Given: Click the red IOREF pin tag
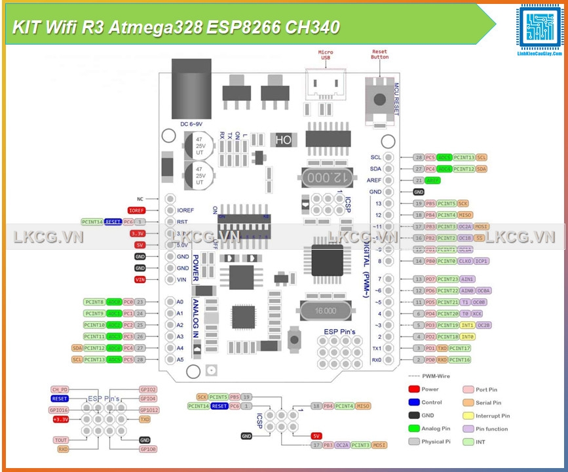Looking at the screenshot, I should point(136,210).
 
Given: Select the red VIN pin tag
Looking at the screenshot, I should point(140,279).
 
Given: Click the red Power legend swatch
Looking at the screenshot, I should point(413,389).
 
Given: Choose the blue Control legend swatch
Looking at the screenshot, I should point(413,403).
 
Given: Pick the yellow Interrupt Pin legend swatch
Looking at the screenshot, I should point(468,416).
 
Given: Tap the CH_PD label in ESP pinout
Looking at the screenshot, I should point(60,389).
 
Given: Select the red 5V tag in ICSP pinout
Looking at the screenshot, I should point(316,435).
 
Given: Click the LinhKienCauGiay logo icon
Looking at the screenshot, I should point(539,29).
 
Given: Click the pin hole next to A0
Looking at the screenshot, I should point(170,302).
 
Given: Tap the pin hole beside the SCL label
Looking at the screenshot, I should point(389,157).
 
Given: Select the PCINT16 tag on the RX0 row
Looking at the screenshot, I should point(460,360).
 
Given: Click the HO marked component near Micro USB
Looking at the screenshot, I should point(284,140).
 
